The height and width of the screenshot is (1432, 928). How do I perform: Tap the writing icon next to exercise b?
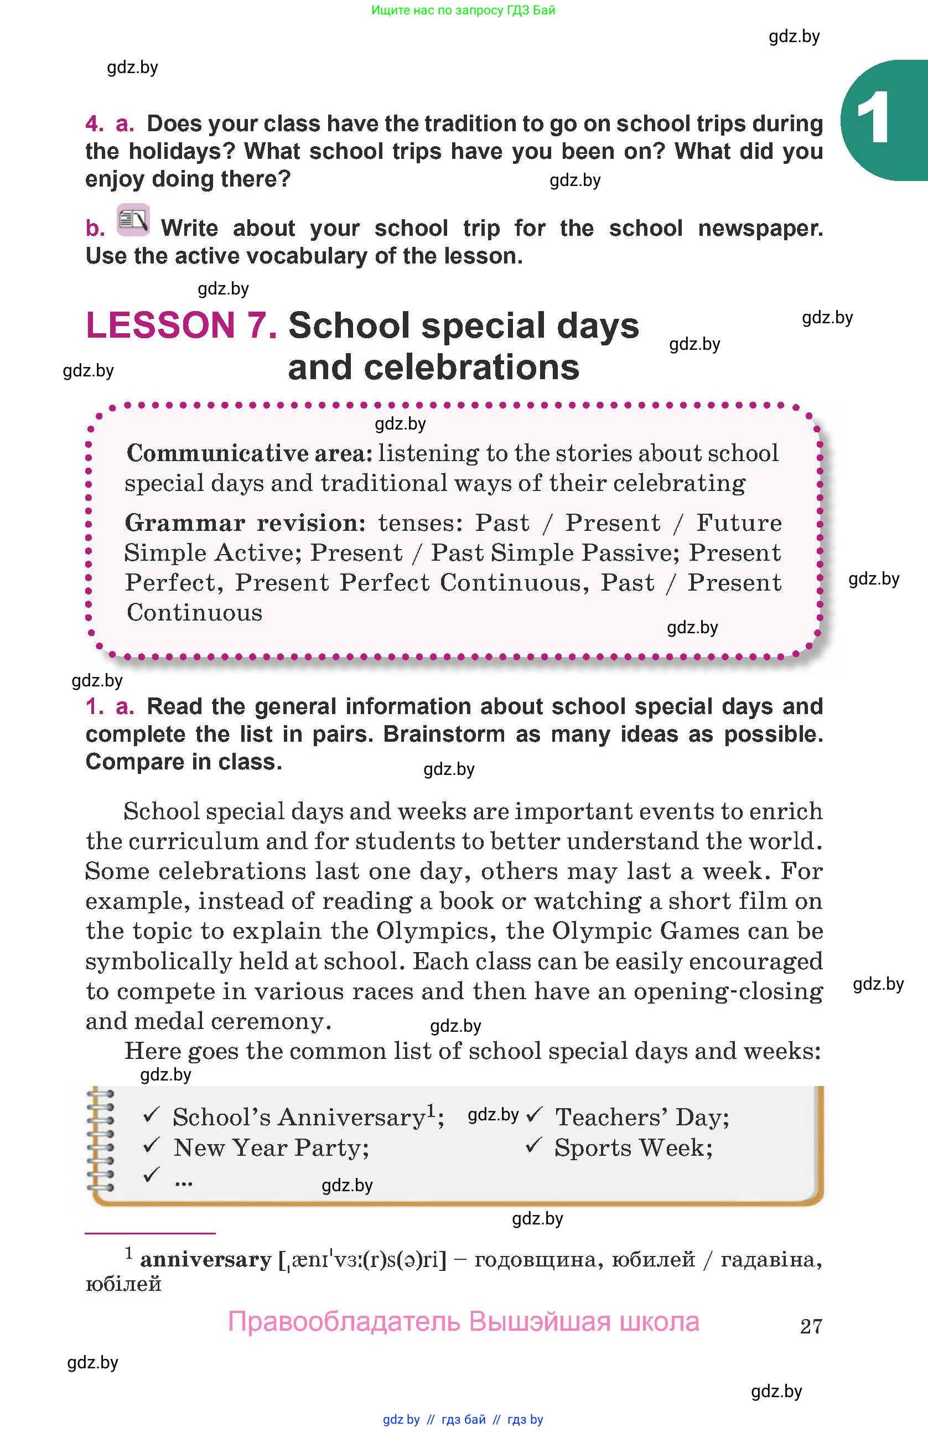[x=133, y=220]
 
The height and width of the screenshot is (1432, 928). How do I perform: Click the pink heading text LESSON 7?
[x=181, y=325]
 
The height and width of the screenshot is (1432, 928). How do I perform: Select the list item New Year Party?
[x=271, y=1147]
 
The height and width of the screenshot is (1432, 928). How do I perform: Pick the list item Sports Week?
[x=633, y=1147]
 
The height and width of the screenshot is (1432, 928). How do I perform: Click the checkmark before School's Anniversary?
[x=151, y=1115]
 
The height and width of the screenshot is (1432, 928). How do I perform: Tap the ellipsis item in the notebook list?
[x=183, y=1182]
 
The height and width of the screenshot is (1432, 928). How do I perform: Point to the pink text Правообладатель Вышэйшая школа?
[x=463, y=1322]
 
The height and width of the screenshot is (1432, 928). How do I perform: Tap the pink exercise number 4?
[x=95, y=123]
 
